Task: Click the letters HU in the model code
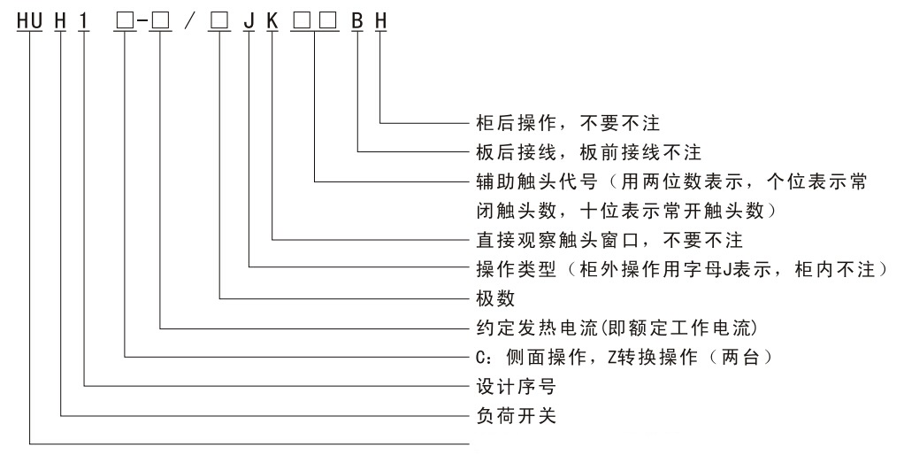pos(30,21)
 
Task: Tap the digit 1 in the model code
pos(84,21)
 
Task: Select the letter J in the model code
pos(249,21)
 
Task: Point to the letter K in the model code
pos(272,21)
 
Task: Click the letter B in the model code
pos(357,21)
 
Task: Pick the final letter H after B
pos(380,21)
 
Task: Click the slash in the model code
pos(190,21)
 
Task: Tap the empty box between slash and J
pos(218,21)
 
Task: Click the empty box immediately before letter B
pos(328,21)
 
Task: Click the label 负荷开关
pos(516,416)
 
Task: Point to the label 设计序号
pos(516,386)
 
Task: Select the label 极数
pos(495,298)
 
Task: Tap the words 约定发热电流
pos(537,328)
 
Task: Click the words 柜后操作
pos(516,122)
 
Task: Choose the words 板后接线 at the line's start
pos(516,152)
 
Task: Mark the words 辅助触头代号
pos(537,181)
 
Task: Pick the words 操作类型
pos(516,269)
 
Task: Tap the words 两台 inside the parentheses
pos(740,357)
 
